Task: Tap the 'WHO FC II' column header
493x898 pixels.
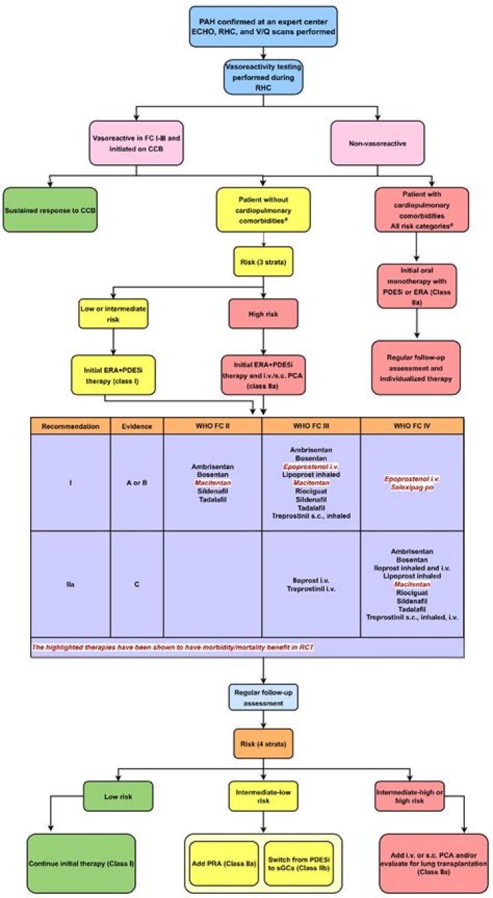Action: tap(212, 425)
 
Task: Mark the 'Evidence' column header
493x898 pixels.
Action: tap(137, 425)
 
